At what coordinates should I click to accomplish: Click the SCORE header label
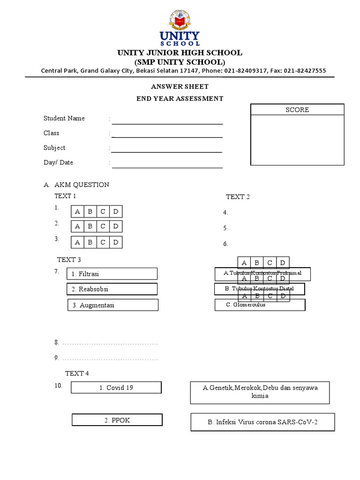coord(298,110)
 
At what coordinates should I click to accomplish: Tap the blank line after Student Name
coord(167,123)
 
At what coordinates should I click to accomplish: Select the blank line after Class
coord(167,137)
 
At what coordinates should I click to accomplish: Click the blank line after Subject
coord(167,152)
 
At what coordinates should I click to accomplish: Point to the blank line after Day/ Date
coord(167,167)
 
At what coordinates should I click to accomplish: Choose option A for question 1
coord(78,211)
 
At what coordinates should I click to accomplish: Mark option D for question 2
coord(116,226)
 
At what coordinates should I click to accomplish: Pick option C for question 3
coord(103,242)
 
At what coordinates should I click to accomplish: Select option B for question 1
coord(90,211)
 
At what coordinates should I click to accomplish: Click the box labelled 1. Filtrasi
coord(112,274)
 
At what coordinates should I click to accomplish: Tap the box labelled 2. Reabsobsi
coord(112,289)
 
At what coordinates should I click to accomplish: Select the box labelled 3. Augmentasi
coord(113,305)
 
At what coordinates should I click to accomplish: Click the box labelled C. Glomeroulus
coord(260,305)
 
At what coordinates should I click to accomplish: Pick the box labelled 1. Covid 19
coord(116,388)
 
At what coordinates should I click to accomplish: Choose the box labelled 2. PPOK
coord(117,420)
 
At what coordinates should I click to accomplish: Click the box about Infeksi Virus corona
coord(262,422)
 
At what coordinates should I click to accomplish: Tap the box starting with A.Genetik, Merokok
coord(260,392)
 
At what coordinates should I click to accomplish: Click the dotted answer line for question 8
coord(110,344)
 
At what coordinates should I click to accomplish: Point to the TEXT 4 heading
coord(77,373)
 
